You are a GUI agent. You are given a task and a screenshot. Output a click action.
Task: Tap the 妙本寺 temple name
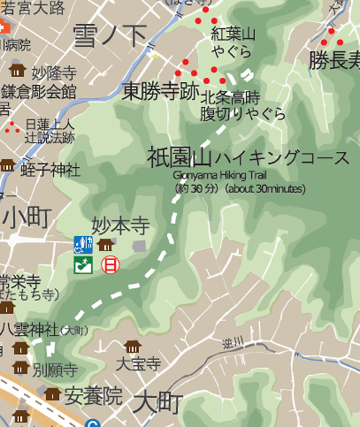pos(120,227)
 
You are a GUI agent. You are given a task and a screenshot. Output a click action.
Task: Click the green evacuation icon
pos(84,265)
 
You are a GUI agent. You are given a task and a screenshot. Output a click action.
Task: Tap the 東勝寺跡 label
pos(159,91)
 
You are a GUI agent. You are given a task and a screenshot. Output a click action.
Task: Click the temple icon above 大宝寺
pos(132,347)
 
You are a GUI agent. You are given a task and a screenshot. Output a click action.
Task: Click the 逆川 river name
pos(248,341)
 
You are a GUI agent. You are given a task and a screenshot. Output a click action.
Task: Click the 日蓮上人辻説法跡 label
pos(49,130)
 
